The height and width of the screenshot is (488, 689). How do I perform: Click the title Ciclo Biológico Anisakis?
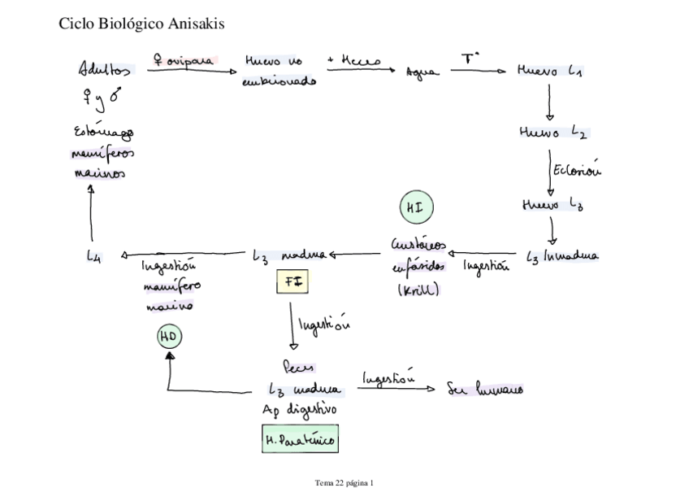(142, 24)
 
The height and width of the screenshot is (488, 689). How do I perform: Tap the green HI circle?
(415, 208)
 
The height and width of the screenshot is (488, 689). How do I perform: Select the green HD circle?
(169, 336)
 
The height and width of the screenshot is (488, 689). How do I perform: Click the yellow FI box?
(292, 281)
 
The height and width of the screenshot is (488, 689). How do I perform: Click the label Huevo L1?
(549, 72)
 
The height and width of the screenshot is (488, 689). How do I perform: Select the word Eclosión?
(578, 170)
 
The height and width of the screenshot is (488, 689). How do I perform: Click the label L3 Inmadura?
(562, 257)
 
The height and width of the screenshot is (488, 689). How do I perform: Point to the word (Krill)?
(418, 290)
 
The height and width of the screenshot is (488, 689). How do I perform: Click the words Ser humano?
(485, 388)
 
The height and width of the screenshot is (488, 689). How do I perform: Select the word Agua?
(422, 73)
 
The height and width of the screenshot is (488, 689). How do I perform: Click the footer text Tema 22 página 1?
(344, 482)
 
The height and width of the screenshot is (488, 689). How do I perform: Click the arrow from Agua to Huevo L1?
(478, 72)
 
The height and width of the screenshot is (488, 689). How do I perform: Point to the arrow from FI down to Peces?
(291, 325)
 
